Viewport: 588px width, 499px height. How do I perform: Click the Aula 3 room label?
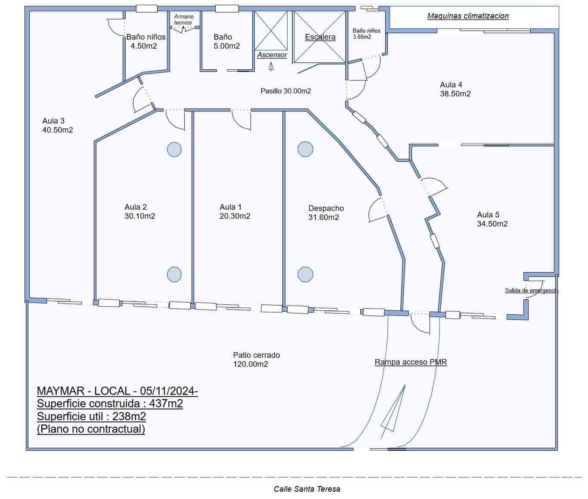53,121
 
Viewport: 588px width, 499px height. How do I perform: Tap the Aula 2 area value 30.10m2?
140,216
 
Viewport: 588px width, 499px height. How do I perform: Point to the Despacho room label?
326,208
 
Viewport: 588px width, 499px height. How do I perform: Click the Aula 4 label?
451,85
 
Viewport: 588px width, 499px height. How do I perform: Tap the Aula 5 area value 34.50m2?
492,224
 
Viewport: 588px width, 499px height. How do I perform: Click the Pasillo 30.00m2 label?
286,91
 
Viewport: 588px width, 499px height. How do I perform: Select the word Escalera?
320,37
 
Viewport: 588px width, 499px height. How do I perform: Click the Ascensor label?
272,55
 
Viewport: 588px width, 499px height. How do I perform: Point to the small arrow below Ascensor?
271,66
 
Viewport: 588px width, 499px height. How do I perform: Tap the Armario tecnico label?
184,19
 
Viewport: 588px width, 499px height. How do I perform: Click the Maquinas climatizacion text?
468,16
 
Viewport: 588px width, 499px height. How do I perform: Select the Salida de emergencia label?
531,291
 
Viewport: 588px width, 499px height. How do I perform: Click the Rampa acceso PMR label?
411,362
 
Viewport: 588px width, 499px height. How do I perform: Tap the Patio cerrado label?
257,355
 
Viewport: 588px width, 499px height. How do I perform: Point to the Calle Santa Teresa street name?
307,489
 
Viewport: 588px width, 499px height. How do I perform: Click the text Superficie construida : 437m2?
110,404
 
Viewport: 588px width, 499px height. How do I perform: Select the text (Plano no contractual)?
91,429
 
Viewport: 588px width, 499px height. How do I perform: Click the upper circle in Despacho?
305,149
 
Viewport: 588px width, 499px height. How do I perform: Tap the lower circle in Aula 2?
174,274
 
